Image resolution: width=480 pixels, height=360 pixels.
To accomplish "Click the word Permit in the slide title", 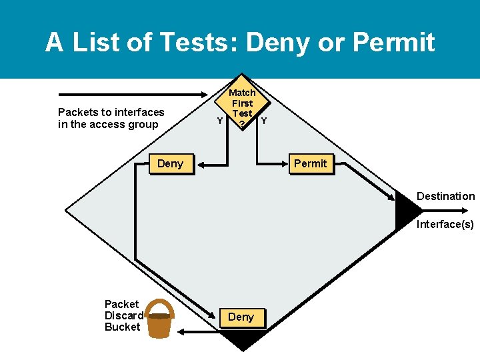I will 393,43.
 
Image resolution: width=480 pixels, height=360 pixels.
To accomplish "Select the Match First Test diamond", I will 241,105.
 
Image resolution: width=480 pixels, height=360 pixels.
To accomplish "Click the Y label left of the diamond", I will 220,121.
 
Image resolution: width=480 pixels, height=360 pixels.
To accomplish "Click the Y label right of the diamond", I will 264,121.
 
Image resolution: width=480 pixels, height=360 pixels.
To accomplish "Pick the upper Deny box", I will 170,164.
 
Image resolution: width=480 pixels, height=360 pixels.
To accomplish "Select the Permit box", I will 310,164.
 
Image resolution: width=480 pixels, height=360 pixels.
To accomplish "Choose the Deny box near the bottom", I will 241,317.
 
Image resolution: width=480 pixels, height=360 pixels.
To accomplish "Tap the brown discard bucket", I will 159,324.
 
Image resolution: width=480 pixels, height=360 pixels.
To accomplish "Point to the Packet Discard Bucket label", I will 123,315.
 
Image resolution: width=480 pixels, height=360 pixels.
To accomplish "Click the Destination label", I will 445,196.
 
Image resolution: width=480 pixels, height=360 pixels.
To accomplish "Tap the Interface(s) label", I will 445,224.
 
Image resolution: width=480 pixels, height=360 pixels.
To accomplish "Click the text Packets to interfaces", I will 111,112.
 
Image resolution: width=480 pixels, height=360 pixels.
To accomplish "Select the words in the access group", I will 108,124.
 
